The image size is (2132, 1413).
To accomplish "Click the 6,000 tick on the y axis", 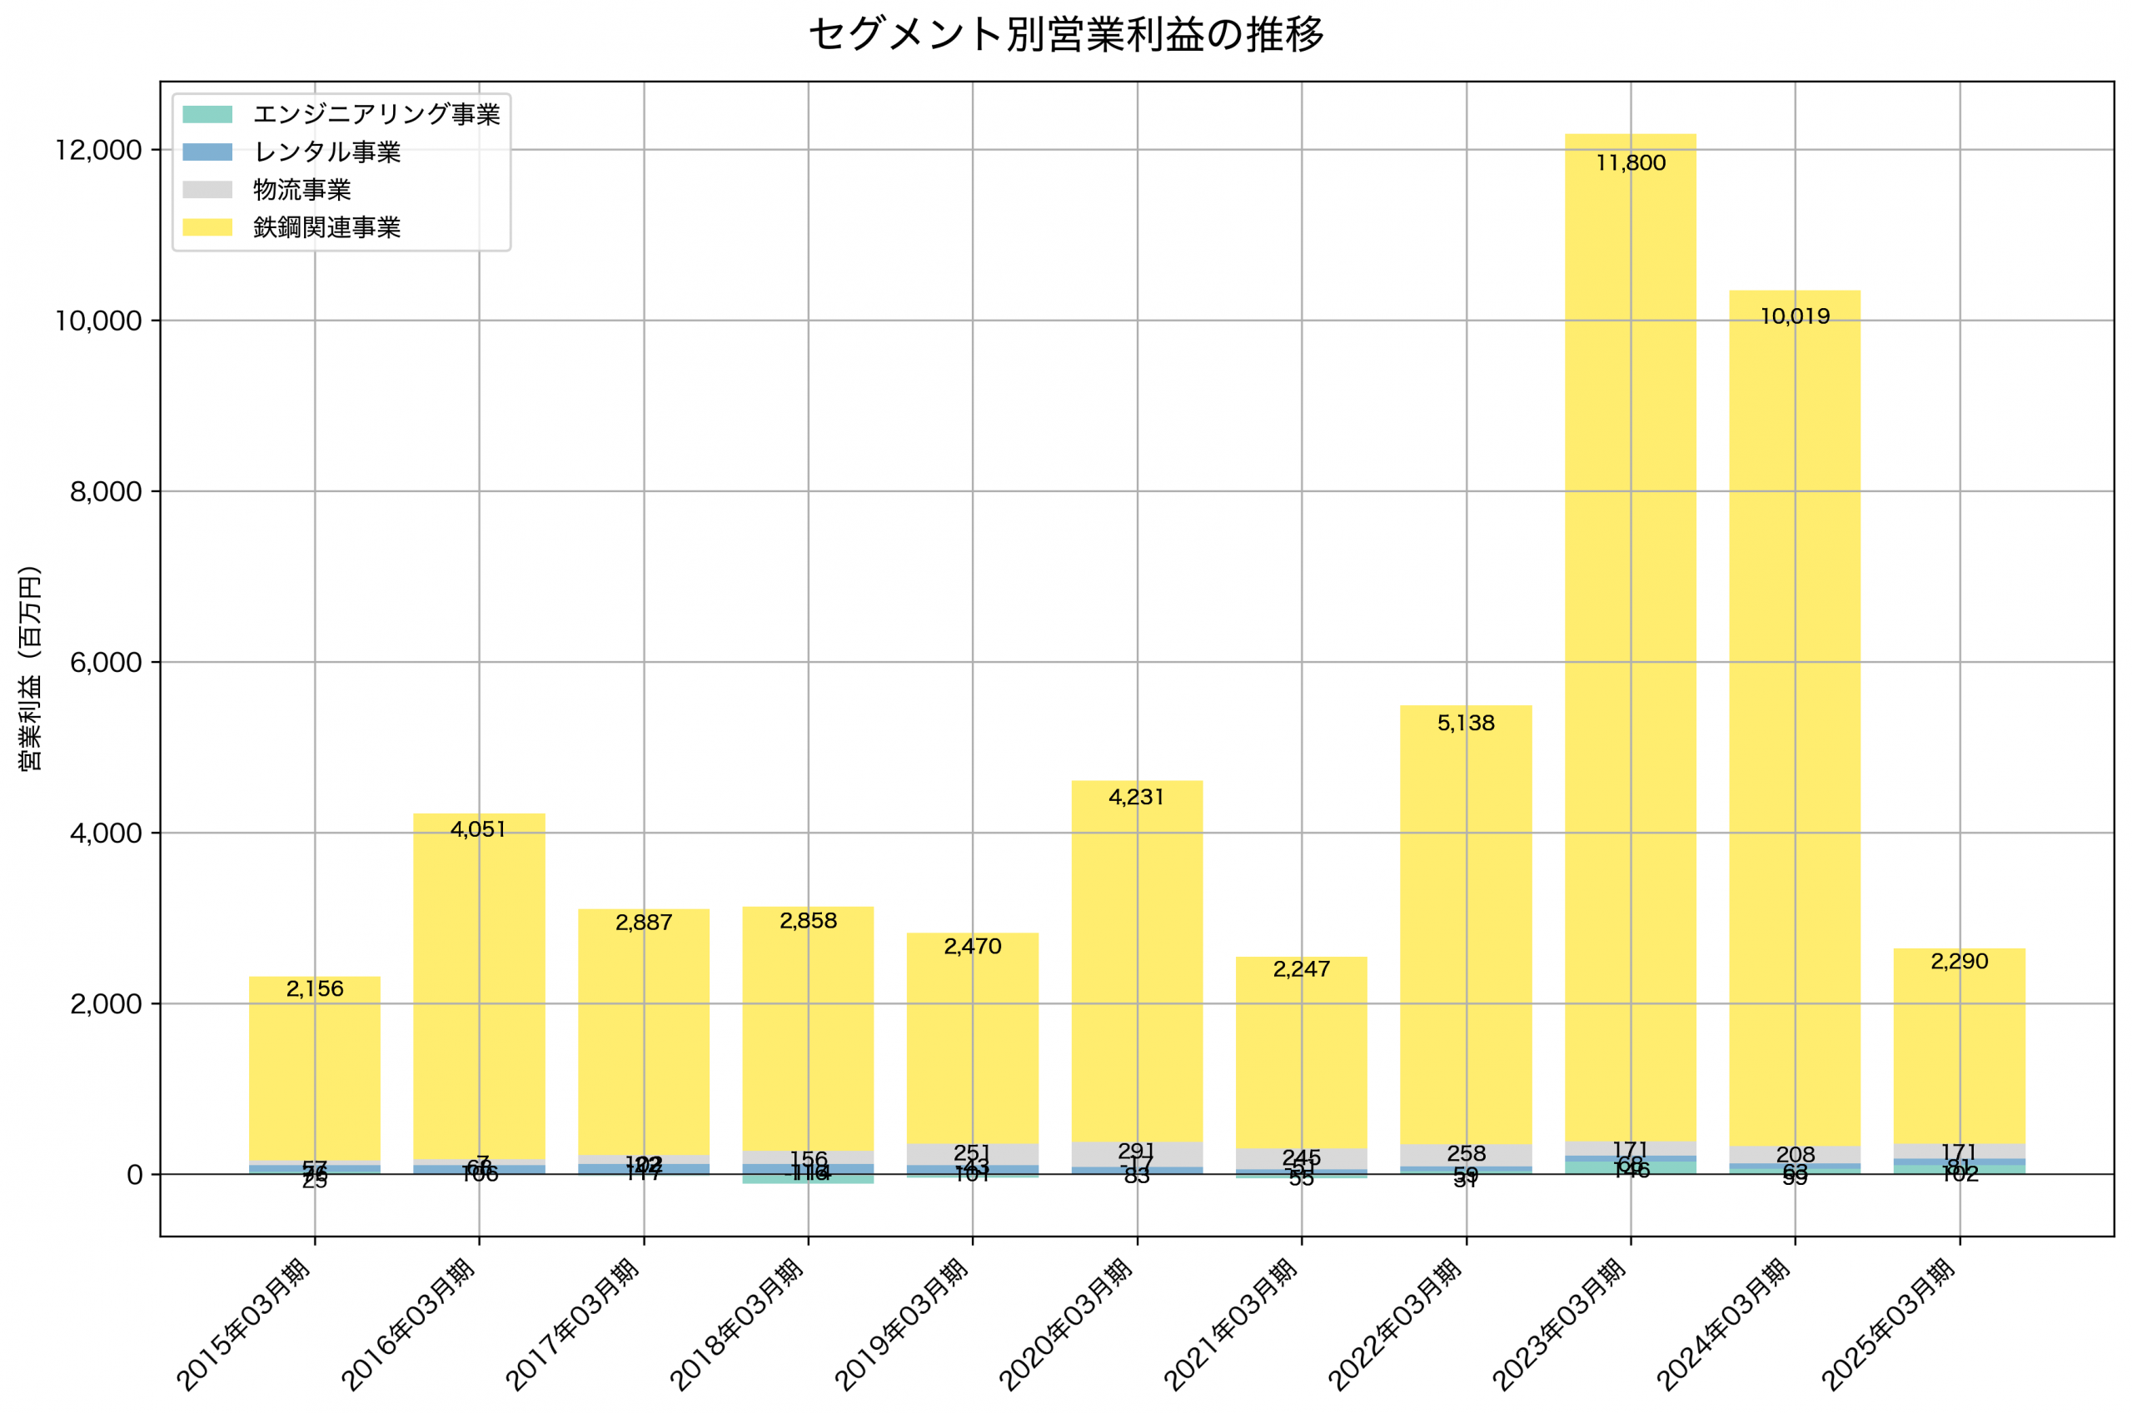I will click(106, 662).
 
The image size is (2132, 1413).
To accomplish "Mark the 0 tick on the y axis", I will click(133, 1175).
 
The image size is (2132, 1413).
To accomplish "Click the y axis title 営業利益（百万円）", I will click(30, 668).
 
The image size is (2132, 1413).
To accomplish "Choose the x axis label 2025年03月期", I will click(1890, 1324).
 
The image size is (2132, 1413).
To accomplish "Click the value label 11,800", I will click(1630, 163).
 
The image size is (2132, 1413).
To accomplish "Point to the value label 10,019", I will click(1794, 316).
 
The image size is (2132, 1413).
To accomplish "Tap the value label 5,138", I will click(1465, 723).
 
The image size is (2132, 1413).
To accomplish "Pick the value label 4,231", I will click(1136, 797).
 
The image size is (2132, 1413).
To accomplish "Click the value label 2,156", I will click(315, 988).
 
